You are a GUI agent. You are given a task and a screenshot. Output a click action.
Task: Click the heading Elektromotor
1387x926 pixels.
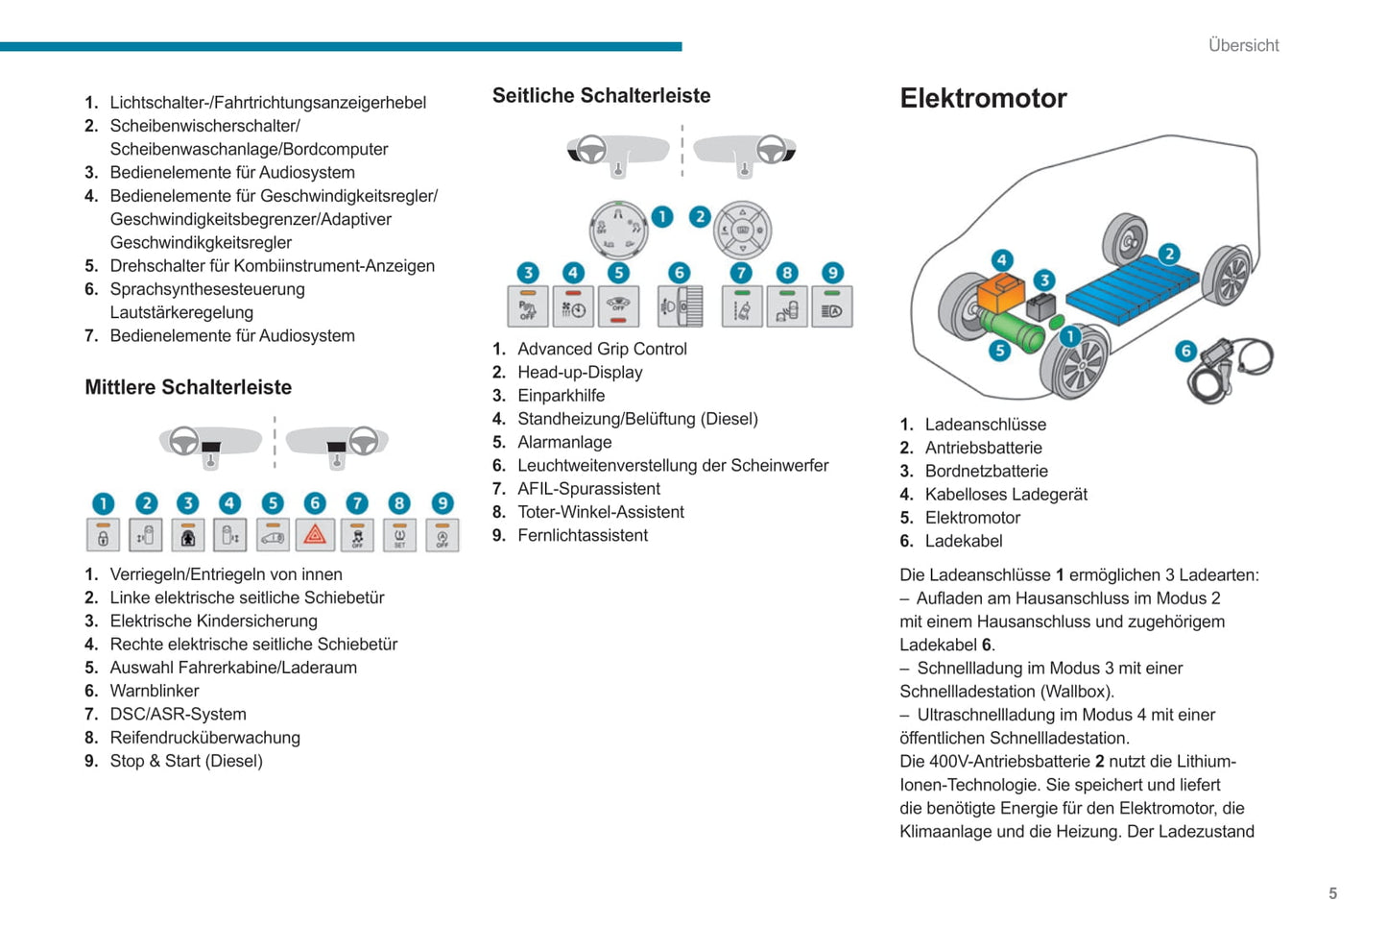tap(983, 98)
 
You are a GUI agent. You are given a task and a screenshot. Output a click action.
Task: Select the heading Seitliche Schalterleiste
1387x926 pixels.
tap(601, 95)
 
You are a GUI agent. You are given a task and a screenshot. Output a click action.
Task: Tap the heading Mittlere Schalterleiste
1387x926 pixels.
tap(188, 387)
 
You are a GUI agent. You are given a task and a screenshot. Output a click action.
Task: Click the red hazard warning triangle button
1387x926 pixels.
tap(315, 535)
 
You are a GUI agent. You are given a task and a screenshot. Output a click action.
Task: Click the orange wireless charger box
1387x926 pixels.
tap(1001, 292)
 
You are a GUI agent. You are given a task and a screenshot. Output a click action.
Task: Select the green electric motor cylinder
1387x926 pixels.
tap(1017, 332)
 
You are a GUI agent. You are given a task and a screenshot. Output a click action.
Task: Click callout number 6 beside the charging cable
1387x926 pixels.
tap(1185, 351)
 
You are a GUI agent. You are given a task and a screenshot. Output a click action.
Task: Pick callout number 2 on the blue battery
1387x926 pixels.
tap(1168, 254)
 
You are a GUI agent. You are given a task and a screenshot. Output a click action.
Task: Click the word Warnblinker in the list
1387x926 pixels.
tap(155, 691)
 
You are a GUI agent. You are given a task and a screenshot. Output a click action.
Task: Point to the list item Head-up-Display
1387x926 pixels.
tap(580, 372)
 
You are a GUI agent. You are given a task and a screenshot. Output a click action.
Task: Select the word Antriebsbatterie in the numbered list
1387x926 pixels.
tap(983, 448)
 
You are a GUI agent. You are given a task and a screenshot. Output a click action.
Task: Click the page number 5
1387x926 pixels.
tap(1332, 893)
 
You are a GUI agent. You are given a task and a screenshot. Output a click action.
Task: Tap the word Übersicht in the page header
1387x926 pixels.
tap(1243, 45)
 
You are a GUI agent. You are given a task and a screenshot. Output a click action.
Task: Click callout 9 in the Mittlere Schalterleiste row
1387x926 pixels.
tap(442, 503)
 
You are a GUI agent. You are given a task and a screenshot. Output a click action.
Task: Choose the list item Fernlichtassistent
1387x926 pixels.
tap(583, 535)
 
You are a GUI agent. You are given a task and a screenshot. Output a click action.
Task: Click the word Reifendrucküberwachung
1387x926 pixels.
tap(204, 738)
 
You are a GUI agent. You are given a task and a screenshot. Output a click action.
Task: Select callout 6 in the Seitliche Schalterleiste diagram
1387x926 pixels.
tap(679, 273)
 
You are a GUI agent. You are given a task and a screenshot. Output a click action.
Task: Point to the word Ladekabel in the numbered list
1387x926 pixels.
tap(964, 541)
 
